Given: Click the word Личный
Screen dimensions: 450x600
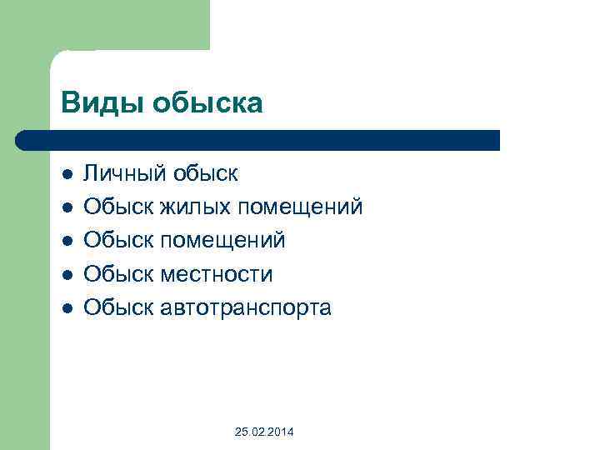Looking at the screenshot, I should [126, 173].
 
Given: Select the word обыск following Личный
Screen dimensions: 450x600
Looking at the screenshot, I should [206, 173].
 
